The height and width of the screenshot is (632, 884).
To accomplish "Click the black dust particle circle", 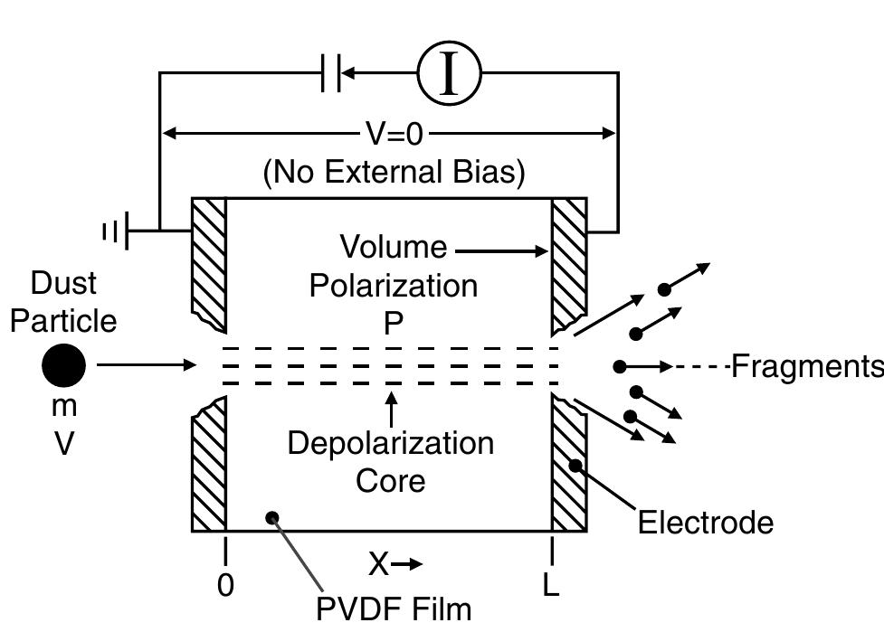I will click(64, 366).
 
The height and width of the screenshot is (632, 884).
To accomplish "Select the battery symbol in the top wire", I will click(331, 74).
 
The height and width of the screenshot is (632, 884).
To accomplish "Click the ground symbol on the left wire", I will click(119, 232).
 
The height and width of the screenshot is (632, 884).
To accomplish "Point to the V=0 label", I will click(394, 134).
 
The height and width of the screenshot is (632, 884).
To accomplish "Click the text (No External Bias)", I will click(394, 172).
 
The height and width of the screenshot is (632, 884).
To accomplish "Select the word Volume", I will click(393, 247).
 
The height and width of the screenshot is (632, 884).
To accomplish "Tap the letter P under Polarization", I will click(393, 323).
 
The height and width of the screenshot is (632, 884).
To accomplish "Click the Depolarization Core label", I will click(391, 461).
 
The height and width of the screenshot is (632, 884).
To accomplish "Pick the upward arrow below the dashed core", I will click(391, 410).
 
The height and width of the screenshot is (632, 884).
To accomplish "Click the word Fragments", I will click(806, 366).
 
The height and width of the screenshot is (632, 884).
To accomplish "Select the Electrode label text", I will click(706, 523).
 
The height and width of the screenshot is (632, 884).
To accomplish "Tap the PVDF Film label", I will click(394, 608).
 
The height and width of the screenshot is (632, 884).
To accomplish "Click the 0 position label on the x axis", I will click(225, 586).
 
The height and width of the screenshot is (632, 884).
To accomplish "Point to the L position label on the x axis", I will click(551, 586).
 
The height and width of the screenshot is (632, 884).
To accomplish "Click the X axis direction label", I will click(394, 564).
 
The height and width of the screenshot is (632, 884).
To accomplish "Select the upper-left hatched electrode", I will click(209, 262).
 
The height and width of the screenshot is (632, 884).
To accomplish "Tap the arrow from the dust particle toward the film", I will click(146, 365).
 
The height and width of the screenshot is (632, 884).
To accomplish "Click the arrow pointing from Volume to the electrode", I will click(502, 250).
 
